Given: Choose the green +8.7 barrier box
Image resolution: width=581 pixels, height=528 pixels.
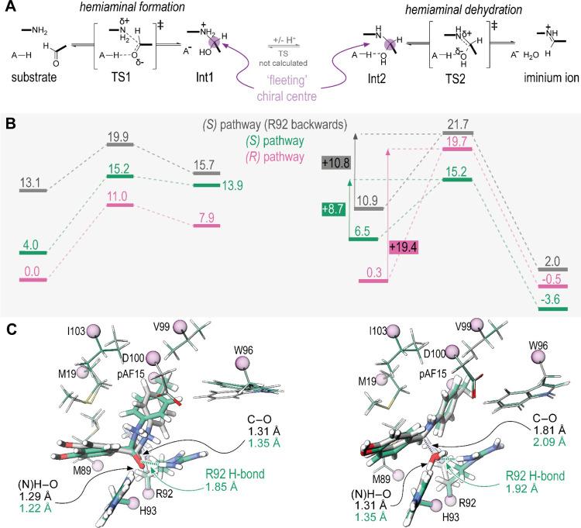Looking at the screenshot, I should [334, 209].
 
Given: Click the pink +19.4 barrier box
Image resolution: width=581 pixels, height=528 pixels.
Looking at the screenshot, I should [406, 247].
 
